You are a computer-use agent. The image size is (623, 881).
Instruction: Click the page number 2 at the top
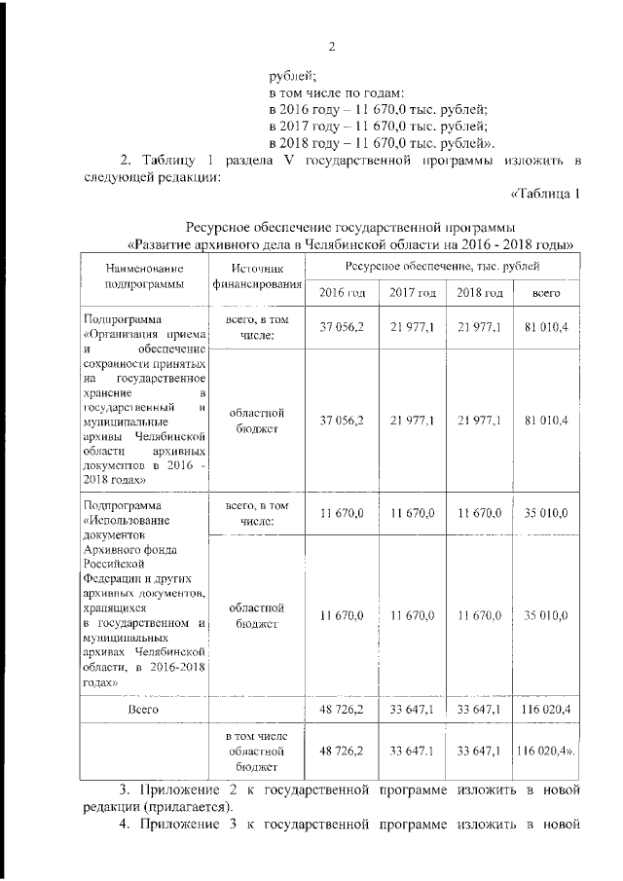332,46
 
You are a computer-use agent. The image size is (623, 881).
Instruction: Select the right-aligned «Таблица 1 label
544,194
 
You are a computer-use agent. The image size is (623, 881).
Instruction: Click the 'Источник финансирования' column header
257,275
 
